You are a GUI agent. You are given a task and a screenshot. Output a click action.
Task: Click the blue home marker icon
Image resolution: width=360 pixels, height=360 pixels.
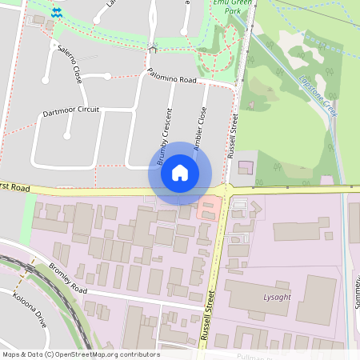[180, 173]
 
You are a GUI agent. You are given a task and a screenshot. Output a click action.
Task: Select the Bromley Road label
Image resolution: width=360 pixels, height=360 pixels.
[67, 277]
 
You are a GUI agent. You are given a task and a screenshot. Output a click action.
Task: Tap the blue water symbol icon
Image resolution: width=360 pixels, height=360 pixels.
[57, 13]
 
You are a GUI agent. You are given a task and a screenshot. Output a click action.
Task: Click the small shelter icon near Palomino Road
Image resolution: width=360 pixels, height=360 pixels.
[152, 49]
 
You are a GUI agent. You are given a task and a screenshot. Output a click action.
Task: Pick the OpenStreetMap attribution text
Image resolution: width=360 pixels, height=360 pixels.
[81, 354]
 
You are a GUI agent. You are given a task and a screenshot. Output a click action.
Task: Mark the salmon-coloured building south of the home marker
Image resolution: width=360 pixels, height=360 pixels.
[208, 208]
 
